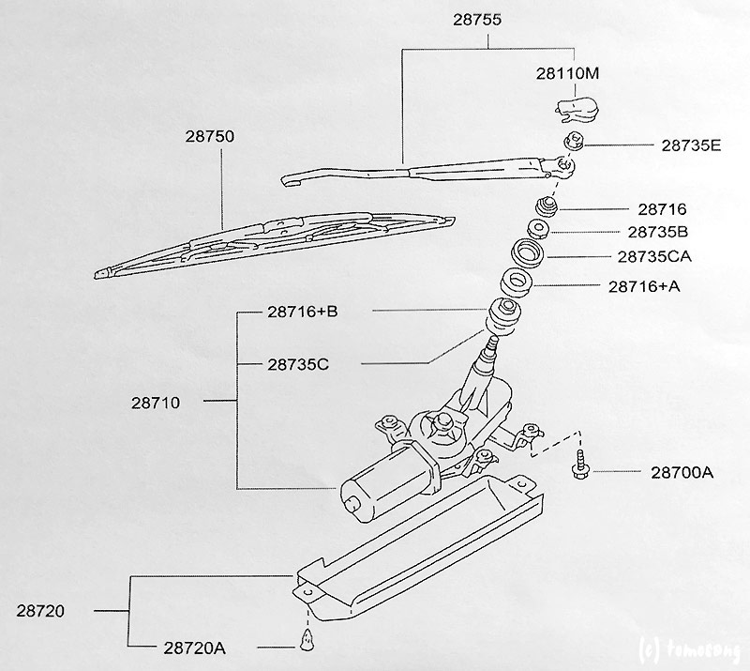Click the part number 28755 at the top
(x=477, y=20)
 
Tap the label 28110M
(x=567, y=74)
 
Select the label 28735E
(x=691, y=145)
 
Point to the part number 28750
(x=210, y=136)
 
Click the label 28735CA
(x=654, y=257)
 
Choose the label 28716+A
(x=644, y=286)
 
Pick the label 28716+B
(x=302, y=312)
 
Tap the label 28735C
(x=298, y=365)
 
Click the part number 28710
(x=156, y=403)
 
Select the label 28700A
(x=682, y=473)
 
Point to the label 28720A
(x=195, y=648)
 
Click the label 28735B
(x=658, y=233)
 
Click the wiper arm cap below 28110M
(x=577, y=109)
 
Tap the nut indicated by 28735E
(x=573, y=142)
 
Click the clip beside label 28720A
(x=307, y=640)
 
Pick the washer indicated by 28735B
(x=537, y=229)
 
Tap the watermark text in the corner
(x=689, y=650)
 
